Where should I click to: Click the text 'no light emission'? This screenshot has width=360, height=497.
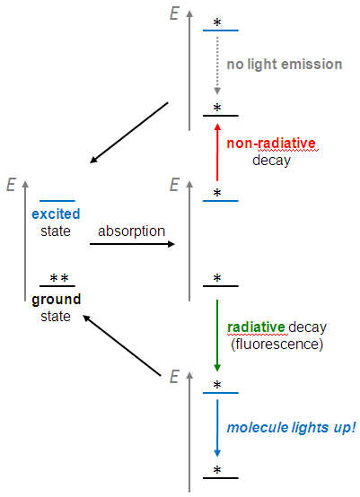[284, 64]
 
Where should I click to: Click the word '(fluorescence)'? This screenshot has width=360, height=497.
[274, 343]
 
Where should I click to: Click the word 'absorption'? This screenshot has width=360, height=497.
[132, 231]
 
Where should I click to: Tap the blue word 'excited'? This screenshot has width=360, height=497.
[55, 214]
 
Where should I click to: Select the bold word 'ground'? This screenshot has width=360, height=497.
[56, 300]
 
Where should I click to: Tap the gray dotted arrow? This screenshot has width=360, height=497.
[217, 65]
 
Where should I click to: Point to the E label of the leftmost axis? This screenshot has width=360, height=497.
[11, 185]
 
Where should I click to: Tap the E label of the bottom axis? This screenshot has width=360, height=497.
[175, 375]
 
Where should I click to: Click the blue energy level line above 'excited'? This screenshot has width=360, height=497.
[57, 201]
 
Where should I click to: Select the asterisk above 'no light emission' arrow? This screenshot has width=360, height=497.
[216, 22]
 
